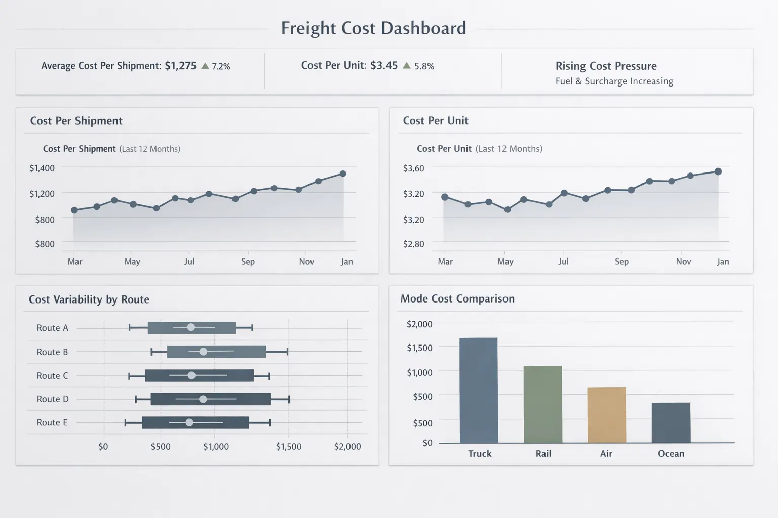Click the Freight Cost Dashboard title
pos(373,28)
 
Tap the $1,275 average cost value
pos(180,66)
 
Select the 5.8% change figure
pos(424,66)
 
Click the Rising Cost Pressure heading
pos(606,66)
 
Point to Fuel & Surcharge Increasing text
pos(614,81)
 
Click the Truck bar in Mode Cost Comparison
pos(479,390)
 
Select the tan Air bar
pos(606,415)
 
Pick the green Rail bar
pos(542,404)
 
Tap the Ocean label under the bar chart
pos(671,454)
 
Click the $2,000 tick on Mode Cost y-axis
pos(419,324)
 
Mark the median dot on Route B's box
pos(203,352)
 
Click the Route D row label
pos(52,399)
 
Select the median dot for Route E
pos(189,422)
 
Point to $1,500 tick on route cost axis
pos(288,447)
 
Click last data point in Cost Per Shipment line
pos(343,174)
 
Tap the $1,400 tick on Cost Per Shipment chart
pos(42,168)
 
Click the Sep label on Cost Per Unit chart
pos(621,262)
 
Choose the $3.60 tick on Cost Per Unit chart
pos(413,168)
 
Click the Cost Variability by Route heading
pos(89,299)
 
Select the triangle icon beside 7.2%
pos(205,66)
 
